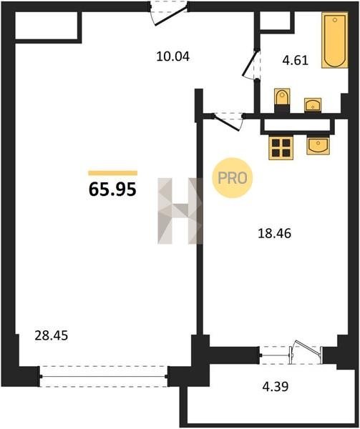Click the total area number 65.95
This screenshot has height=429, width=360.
point(112,189)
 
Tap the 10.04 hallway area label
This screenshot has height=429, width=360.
point(173,57)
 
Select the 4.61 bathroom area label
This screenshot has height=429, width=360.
point(296,60)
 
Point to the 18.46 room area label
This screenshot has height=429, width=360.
point(275,234)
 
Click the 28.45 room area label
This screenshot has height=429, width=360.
point(52,336)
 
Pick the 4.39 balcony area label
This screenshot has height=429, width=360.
point(276,387)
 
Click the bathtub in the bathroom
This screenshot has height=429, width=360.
point(334,40)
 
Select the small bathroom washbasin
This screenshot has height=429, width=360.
point(313,105)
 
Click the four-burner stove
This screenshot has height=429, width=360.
point(281,148)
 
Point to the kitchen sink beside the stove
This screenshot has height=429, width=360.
point(318,146)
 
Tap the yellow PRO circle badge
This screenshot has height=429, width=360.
point(232,178)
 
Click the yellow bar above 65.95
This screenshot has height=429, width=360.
point(113,173)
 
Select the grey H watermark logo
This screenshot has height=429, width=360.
point(180,211)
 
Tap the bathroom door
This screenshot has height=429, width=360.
point(250,64)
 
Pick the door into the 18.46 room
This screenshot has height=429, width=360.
point(228,122)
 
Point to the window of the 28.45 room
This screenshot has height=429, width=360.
point(104,377)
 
